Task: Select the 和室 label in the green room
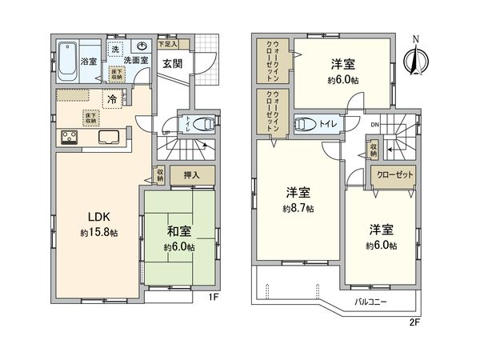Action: (179, 233)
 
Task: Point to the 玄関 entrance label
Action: (174, 64)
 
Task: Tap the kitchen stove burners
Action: (66, 137)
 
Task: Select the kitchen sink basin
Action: (109, 137)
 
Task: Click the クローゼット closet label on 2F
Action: (391, 174)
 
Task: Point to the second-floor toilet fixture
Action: (303, 124)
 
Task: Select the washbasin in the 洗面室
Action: (142, 47)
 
